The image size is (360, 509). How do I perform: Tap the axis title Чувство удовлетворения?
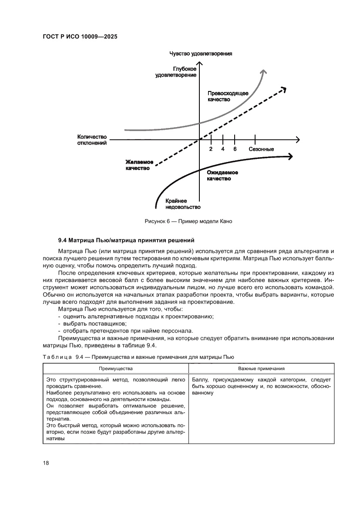[201, 54]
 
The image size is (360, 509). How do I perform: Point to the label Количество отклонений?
[92, 139]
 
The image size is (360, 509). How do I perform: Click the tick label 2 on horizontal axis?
[211, 149]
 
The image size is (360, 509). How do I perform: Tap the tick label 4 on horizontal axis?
[223, 149]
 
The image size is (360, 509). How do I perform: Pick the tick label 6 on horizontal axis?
[235, 149]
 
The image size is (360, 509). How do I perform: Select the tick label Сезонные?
[261, 149]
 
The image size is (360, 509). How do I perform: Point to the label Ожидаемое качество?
[222, 175]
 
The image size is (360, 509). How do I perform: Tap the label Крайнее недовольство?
[183, 204]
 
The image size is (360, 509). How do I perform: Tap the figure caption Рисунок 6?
[188, 221]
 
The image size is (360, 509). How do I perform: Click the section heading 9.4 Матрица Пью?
[126, 240]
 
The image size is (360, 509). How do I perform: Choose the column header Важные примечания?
[261, 368]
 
